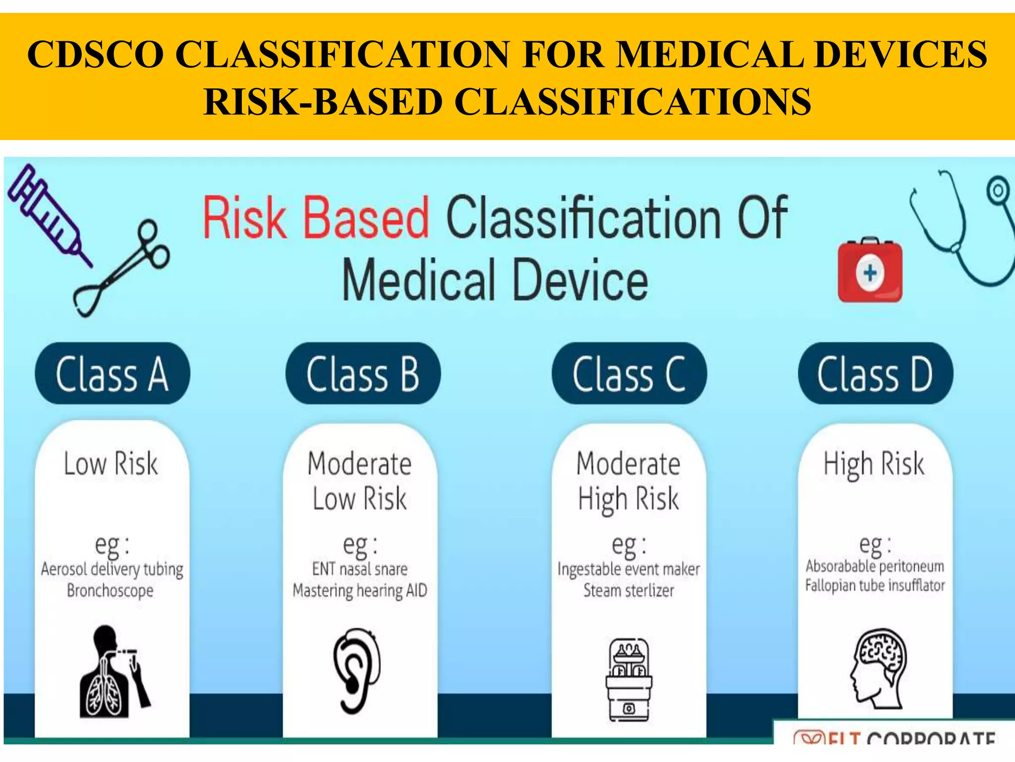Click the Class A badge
(113, 374)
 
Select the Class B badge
(363, 374)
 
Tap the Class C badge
(629, 374)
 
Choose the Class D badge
(875, 374)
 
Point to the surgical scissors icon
(124, 268)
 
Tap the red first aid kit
(870, 270)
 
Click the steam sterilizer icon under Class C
(628, 680)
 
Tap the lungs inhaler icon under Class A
(112, 672)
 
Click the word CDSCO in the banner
(95, 55)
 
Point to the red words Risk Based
(316, 218)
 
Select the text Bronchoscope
(110, 590)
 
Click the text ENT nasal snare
(360, 569)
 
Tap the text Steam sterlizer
(628, 590)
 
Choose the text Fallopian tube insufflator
(875, 585)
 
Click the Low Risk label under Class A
(111, 464)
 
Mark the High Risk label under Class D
(874, 464)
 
